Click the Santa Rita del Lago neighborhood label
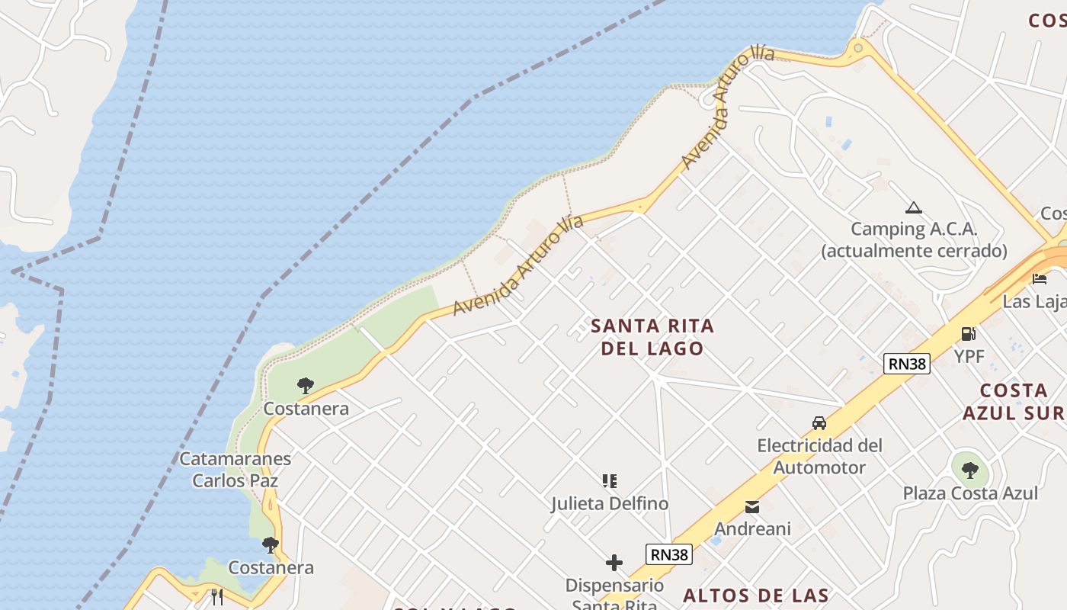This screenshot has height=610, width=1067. [x=652, y=337]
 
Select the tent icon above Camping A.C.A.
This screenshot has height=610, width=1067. [x=913, y=207]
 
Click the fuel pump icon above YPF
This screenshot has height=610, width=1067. [x=968, y=333]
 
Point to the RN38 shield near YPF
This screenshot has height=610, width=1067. [x=907, y=364]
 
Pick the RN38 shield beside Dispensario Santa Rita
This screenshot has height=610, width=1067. [x=669, y=554]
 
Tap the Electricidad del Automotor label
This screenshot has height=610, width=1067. [x=819, y=456]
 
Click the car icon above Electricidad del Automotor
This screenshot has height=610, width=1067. [x=819, y=423]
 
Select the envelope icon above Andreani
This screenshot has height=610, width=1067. [x=752, y=507]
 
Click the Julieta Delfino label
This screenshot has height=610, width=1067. [x=610, y=504]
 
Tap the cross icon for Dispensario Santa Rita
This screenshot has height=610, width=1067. [x=614, y=563]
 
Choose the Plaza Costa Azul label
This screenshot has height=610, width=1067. [x=970, y=493]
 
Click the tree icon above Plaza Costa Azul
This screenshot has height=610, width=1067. [x=969, y=470]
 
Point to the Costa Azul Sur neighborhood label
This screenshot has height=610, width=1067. [x=1013, y=402]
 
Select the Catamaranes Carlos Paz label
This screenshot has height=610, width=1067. [x=235, y=470]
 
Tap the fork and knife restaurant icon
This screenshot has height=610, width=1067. [x=218, y=596]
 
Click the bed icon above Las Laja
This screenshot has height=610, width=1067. [x=1039, y=278]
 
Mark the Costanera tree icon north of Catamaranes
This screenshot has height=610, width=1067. [x=306, y=385]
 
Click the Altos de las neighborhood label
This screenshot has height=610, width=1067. [x=755, y=596]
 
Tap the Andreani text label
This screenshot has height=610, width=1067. [x=752, y=528]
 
